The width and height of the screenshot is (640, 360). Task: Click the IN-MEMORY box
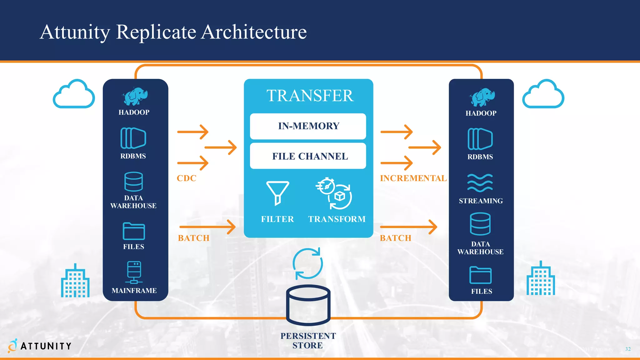coord(308,126)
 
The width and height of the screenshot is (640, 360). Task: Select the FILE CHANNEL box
coord(308,156)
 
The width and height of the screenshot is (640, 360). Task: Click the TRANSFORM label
coord(337,219)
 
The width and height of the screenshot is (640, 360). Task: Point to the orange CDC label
coord(187,178)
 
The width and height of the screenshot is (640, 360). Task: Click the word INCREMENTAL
coord(413,178)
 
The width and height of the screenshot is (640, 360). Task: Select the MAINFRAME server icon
coord(134,272)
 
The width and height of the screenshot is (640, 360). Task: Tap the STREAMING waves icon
coord(480,183)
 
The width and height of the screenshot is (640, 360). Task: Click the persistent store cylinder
coord(308,305)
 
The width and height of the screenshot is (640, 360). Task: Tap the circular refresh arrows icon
coord(307,263)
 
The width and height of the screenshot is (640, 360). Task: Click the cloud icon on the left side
coord(74,94)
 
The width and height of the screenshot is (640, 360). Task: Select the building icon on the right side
coord(541,279)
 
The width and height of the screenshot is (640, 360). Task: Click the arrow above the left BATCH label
coord(207,227)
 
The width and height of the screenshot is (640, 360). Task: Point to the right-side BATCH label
coord(396,238)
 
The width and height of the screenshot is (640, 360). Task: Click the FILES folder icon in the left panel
coord(134,231)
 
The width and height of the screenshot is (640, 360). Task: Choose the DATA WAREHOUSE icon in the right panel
coord(480,224)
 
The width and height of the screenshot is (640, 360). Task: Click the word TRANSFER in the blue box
coord(310,96)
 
